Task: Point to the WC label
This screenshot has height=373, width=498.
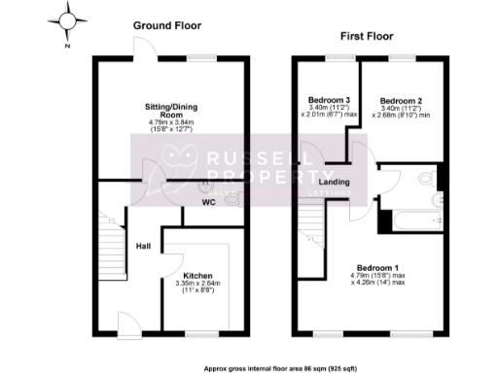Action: pos(208,202)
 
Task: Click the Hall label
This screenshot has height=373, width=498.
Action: pos(142,246)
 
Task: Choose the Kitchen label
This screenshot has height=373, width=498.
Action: pos(197,275)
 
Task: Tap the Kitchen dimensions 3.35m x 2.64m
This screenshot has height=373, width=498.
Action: pos(197,287)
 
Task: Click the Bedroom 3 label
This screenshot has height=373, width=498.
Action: pos(329,100)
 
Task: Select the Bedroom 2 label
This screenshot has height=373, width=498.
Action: pos(400,100)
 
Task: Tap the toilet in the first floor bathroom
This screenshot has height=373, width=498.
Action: pos(425,177)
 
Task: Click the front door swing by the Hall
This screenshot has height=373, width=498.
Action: pos(127,323)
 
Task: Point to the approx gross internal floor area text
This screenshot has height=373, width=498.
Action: pos(280,368)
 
